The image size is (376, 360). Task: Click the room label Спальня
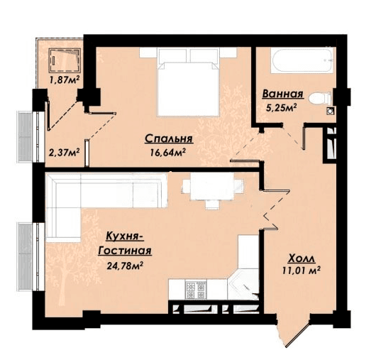coord(169,138)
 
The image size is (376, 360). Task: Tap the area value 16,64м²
coord(168,152)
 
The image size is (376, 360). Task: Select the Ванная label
coord(283,94)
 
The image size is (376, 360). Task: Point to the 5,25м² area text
coord(282,107)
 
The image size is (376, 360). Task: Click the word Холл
coord(302,258)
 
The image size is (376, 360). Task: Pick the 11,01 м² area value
coord(302,271)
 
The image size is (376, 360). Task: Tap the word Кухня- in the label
coord(125,236)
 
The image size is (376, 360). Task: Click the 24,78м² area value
coord(125,266)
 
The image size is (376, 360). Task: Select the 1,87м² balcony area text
coord(65,80)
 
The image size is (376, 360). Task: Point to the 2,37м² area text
coord(65,152)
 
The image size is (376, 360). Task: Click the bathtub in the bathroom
coord(302,60)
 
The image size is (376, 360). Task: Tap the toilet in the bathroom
coord(320,99)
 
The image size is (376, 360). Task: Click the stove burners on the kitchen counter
coord(196,290)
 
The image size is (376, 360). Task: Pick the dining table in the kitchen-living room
coord(212,190)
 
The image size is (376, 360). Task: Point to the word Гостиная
coord(125,251)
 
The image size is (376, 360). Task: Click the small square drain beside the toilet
coord(330,111)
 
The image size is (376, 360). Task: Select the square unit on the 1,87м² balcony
coord(65,60)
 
